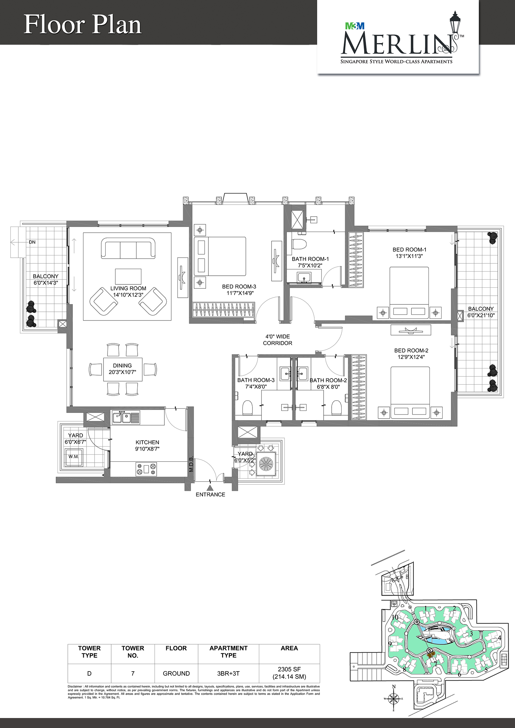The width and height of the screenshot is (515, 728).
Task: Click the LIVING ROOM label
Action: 128,288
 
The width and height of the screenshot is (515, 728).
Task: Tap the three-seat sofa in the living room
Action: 128,248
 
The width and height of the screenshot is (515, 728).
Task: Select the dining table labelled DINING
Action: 123,370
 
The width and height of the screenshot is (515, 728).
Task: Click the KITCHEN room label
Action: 147,442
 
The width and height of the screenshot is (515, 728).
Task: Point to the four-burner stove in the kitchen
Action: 146,469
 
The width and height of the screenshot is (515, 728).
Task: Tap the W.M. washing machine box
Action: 73,457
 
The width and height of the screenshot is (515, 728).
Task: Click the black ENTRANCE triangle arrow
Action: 210,488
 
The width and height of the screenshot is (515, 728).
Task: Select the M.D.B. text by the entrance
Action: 191,464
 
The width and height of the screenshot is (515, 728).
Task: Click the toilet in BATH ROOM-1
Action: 300,244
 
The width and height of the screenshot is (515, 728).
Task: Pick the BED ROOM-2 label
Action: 411,350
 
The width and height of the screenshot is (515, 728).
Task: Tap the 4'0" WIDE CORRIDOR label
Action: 278,340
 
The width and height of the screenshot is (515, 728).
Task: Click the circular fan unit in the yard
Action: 266,463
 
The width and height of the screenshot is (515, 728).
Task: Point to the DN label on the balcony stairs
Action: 32,242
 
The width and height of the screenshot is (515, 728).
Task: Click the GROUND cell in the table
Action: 176,674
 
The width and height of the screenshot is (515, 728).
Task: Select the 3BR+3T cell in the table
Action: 228,674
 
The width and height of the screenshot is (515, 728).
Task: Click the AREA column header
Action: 289,648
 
